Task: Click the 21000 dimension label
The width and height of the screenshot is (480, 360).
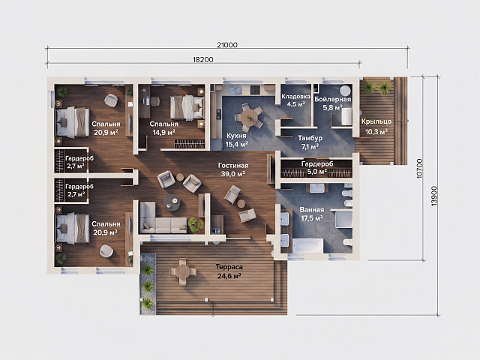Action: pos(227,45)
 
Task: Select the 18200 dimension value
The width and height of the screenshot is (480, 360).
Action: pos(203,59)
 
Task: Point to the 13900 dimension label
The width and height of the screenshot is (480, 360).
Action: pos(434,196)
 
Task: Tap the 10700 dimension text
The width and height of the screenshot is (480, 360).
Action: pos(420,169)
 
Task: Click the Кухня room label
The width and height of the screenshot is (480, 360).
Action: pos(236,136)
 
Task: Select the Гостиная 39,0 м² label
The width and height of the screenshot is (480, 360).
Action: pos(233,169)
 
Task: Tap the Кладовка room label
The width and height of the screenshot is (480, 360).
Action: pos(295,97)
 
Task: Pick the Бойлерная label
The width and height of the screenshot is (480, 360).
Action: pos(332,99)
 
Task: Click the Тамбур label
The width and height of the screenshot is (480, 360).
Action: pos(310,138)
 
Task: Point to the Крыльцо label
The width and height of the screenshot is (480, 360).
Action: pos(376,121)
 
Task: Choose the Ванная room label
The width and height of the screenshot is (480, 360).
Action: pos(312,210)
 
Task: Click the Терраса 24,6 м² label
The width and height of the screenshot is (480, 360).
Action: pos(229,271)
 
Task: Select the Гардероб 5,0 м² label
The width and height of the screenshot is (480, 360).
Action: pos(316,168)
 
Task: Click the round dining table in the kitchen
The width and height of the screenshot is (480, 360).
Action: pos(250,117)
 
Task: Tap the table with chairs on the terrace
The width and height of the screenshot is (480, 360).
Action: pos(182,271)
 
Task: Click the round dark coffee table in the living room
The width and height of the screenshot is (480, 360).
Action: pos(172,202)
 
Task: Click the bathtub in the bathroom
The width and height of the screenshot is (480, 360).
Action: pos(307,246)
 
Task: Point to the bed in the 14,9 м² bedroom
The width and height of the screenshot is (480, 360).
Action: pos(187,107)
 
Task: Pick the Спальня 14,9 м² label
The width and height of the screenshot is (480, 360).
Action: pos(163,128)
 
